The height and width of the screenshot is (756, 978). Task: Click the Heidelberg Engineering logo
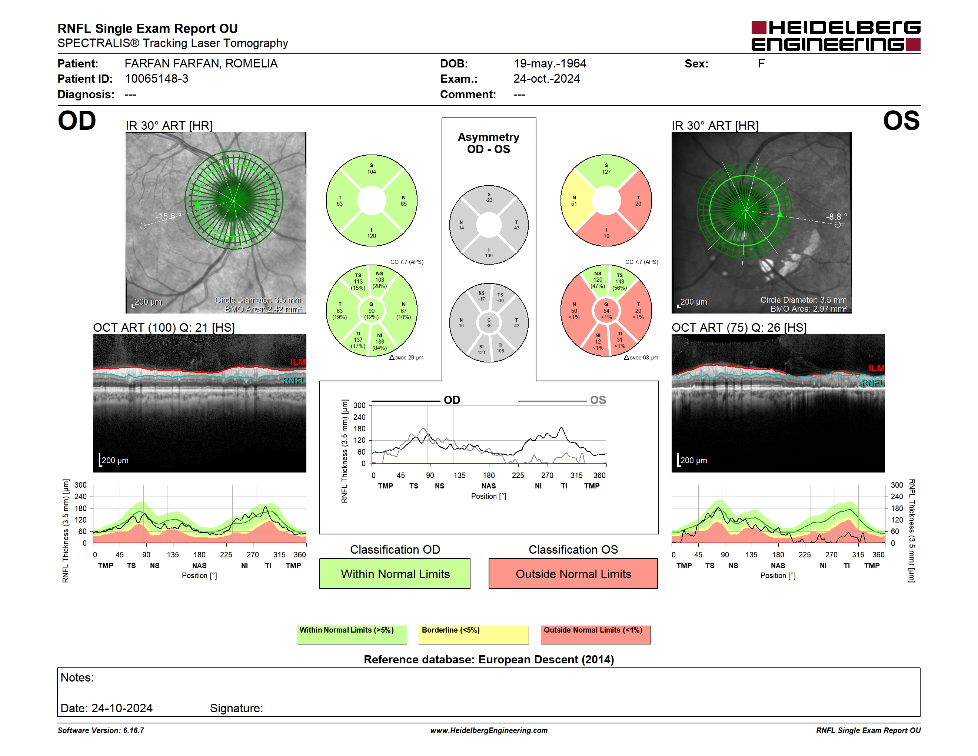836,36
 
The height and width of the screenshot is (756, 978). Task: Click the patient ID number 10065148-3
156,79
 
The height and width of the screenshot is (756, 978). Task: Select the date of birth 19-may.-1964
549,64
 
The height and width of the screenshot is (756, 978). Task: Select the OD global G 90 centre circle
371,311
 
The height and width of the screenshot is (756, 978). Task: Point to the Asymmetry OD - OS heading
489,143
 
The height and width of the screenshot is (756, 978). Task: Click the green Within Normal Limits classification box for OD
395,573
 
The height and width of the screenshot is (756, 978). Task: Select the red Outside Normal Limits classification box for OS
573,573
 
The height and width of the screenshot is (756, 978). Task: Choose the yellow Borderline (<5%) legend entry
474,634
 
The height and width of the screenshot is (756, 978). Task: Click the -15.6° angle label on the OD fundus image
168,216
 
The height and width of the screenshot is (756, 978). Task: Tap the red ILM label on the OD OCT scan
298,362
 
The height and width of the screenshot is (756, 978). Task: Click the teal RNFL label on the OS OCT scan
873,383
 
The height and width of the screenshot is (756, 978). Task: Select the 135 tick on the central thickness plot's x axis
459,475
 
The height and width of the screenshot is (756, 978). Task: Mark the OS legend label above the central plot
598,400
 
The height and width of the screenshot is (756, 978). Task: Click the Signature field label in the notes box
236,708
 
